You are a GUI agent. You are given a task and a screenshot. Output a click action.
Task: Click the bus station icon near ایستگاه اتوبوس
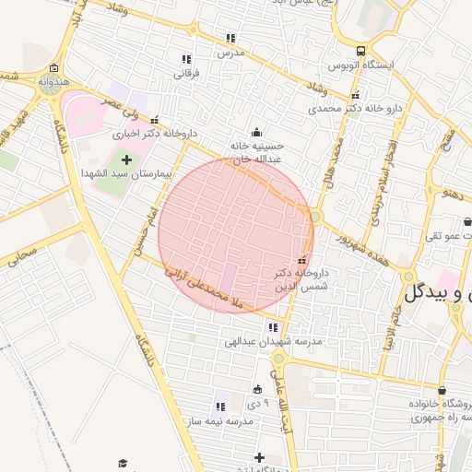(x=360, y=52)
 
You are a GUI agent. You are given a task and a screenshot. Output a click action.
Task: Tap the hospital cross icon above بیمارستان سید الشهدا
(x=126, y=160)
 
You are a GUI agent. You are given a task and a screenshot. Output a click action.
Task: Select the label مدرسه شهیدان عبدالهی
(x=276, y=341)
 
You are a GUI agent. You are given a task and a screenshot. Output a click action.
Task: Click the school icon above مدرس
(x=230, y=39)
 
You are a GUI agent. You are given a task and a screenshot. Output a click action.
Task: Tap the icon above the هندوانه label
(x=54, y=68)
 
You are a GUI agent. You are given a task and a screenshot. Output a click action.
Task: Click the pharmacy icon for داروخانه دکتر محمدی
(x=355, y=95)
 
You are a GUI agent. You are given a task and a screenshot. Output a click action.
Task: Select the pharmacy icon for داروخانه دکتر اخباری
(x=154, y=119)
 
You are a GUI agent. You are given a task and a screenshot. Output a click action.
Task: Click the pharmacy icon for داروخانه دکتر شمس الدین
(x=301, y=260)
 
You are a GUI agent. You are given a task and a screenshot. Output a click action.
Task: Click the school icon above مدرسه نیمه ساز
(x=220, y=406)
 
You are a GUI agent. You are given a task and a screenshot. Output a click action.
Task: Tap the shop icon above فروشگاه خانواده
(x=442, y=391)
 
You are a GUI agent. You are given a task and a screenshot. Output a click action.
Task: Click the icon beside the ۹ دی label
(x=257, y=388)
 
